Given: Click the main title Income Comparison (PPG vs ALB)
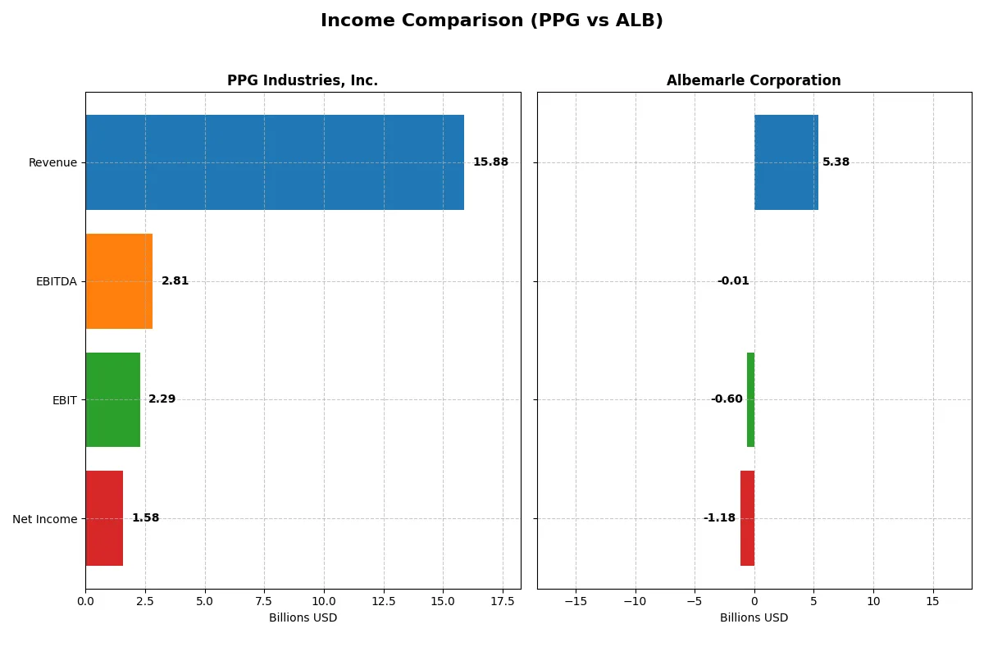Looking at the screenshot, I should [x=491, y=20].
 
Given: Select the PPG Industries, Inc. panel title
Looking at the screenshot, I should [x=303, y=80].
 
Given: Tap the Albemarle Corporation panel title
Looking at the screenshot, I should [x=754, y=80].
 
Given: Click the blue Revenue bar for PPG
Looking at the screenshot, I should [x=275, y=162].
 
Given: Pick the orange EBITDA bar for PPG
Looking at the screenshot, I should [x=119, y=281].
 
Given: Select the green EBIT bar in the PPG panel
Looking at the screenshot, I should [x=113, y=399].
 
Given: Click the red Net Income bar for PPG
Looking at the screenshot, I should [x=104, y=518].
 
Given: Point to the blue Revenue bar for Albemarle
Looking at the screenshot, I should [x=786, y=162].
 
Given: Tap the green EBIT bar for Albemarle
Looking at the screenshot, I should [x=750, y=399].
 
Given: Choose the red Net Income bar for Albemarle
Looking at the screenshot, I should [x=747, y=518].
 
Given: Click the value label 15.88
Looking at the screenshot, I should [x=490, y=162].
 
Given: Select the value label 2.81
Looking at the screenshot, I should [x=175, y=281].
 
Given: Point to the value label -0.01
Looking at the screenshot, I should [x=733, y=281].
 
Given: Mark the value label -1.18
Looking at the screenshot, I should [x=719, y=518].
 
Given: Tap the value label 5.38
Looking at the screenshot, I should [x=836, y=162].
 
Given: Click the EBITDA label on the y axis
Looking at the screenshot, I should [x=57, y=281].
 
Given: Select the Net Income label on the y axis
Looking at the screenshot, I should [x=45, y=519].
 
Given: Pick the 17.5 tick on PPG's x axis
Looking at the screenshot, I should [x=502, y=601].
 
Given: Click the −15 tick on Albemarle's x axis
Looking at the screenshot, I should [x=576, y=601].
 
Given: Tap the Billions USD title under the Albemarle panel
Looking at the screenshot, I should [x=754, y=618].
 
